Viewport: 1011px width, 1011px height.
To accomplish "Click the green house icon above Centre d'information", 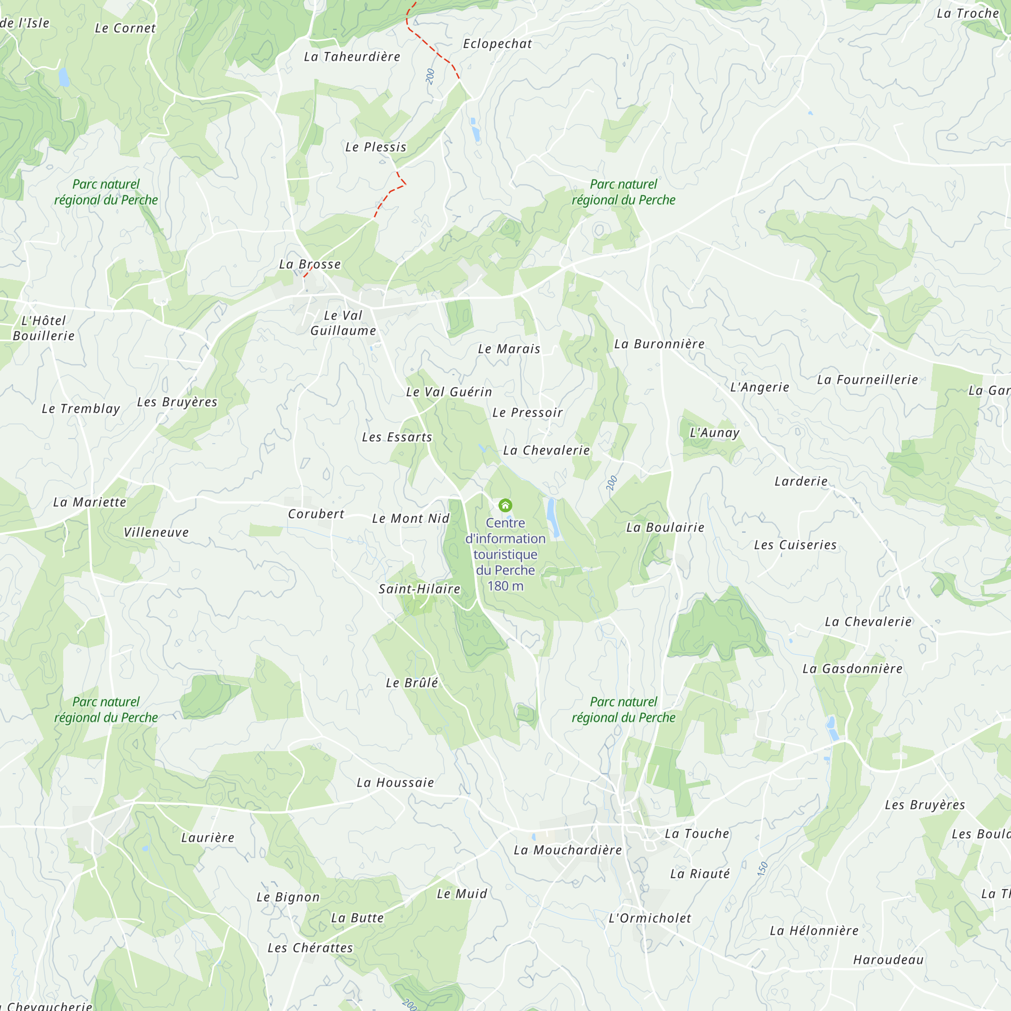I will pyautogui.click(x=505, y=505).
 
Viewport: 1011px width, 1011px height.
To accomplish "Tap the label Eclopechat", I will pyautogui.click(x=497, y=44).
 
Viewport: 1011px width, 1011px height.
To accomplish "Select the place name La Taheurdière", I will pyautogui.click(x=352, y=57).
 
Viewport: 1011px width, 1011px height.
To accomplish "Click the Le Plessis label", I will pyautogui.click(x=376, y=147).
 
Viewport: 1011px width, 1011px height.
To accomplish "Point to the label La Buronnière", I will pyautogui.click(x=659, y=344).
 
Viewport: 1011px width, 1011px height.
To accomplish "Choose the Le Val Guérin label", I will pyautogui.click(x=449, y=392).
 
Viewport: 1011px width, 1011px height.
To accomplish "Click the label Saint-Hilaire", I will pyautogui.click(x=419, y=589).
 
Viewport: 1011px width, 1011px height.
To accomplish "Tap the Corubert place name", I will pyautogui.click(x=316, y=514).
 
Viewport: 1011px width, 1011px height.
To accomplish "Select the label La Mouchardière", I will pyautogui.click(x=568, y=850).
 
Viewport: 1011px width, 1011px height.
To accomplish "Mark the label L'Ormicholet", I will pyautogui.click(x=650, y=918).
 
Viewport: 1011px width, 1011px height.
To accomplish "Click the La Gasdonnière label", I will pyautogui.click(x=852, y=668).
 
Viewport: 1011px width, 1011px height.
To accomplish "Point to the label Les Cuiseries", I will pyautogui.click(x=795, y=545).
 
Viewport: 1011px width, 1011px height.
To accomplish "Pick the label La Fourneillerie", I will pyautogui.click(x=867, y=380).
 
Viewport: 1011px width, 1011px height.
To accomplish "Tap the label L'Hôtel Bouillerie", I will pyautogui.click(x=43, y=328).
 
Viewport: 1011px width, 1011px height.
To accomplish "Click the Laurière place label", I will pyautogui.click(x=208, y=837).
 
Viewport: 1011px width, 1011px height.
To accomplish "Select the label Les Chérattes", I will pyautogui.click(x=310, y=948).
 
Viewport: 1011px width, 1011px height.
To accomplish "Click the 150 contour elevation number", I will pyautogui.click(x=762, y=868).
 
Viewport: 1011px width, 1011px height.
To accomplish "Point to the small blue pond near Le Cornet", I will pyautogui.click(x=64, y=77).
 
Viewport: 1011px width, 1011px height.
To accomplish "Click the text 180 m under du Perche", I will pyautogui.click(x=505, y=586).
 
